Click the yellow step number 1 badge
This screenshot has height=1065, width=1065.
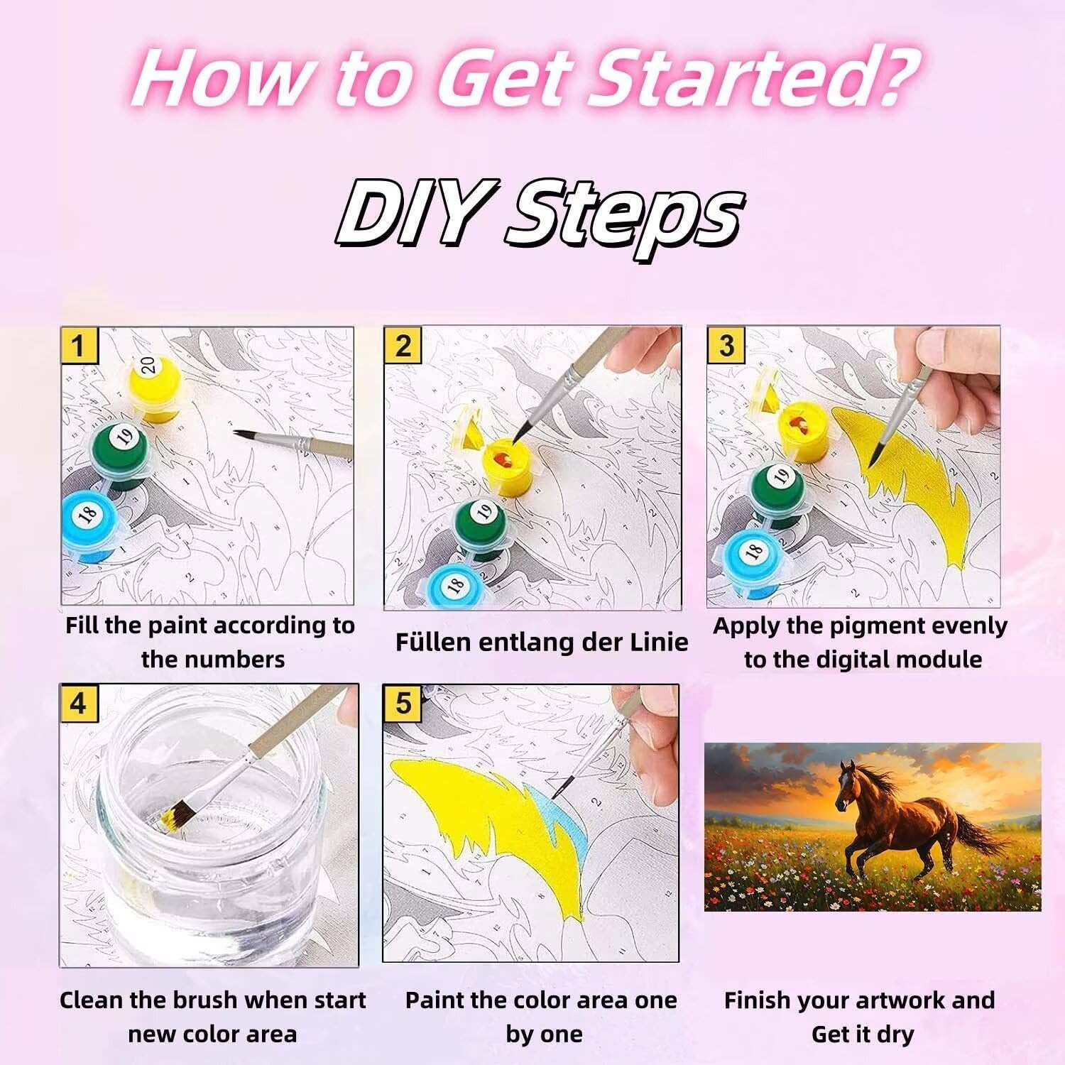pyautogui.click(x=78, y=346)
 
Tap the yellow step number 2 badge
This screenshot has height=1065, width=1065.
pyautogui.click(x=403, y=346)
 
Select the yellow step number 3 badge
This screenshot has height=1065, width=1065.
pyautogui.click(x=726, y=346)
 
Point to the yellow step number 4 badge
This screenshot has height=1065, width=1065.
pyautogui.click(x=78, y=704)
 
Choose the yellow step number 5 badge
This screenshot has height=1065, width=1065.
pyautogui.click(x=403, y=704)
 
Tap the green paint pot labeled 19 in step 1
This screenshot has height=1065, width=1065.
pyautogui.click(x=121, y=454)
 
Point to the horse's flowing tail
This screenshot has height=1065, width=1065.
pyautogui.click(x=983, y=831)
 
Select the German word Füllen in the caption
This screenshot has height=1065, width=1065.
pyautogui.click(x=432, y=642)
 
